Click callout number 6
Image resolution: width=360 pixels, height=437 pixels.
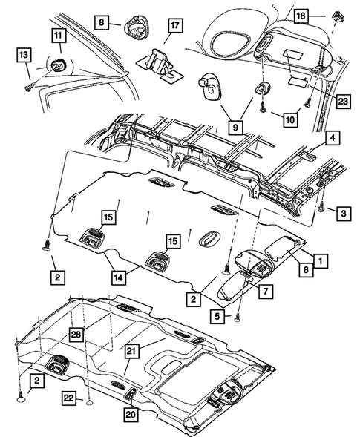(304, 272)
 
